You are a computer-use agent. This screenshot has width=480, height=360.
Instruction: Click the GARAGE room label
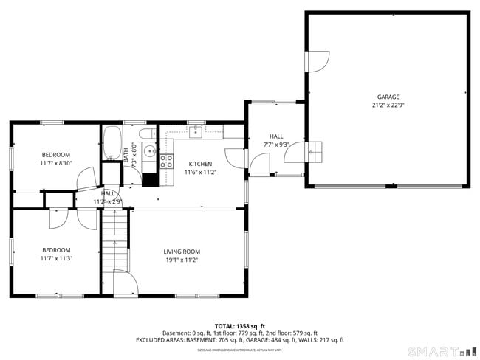point(388,97)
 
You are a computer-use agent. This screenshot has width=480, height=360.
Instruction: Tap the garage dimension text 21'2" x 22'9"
point(388,105)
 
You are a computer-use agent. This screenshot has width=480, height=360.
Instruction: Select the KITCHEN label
point(200,164)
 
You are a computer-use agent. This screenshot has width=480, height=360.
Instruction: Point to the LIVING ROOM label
point(182,252)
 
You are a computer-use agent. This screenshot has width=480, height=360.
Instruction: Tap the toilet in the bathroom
point(146,134)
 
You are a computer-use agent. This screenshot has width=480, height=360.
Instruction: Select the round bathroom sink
point(149,151)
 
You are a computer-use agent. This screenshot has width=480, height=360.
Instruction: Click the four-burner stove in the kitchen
point(166,162)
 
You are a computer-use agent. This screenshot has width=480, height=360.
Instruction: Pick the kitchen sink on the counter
point(195,132)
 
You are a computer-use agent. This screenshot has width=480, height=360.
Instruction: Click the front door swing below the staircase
point(124,283)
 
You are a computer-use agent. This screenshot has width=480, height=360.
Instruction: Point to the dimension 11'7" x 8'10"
point(56,162)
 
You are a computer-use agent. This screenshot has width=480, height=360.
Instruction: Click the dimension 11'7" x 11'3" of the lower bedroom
point(56,259)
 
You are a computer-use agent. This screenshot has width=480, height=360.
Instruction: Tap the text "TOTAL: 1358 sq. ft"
point(240,325)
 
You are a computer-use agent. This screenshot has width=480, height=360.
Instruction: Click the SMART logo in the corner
point(436,351)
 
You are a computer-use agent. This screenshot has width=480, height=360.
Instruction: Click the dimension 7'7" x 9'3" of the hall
point(275,145)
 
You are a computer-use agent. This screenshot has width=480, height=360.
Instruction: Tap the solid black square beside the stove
point(150,179)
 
